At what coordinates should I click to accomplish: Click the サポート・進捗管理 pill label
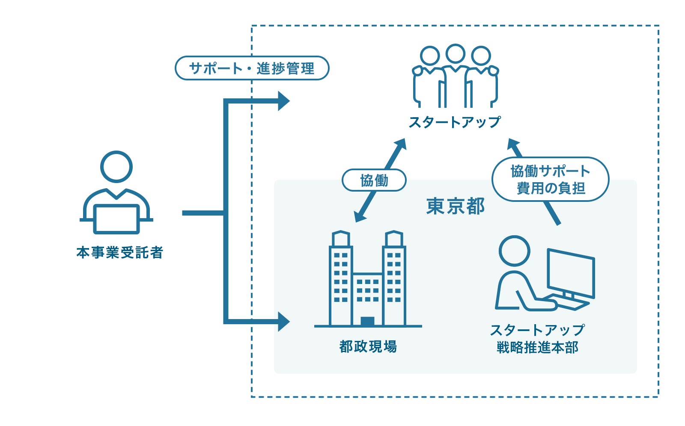pyautogui.click(x=252, y=68)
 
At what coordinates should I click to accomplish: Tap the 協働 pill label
pyautogui.click(x=374, y=180)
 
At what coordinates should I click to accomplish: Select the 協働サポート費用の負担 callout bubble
pyautogui.click(x=550, y=180)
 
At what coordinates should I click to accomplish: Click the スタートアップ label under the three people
pyautogui.click(x=455, y=122)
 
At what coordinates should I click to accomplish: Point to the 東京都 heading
pyautogui.click(x=456, y=206)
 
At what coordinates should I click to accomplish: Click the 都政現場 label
pyautogui.click(x=368, y=346)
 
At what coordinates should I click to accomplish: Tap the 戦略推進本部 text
pyautogui.click(x=537, y=347)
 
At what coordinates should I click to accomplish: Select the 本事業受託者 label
pyautogui.click(x=119, y=252)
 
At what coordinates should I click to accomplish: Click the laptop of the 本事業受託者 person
pyautogui.click(x=116, y=219)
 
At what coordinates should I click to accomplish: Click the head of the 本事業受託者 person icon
pyautogui.click(x=116, y=167)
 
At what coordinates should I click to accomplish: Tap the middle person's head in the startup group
pyautogui.click(x=455, y=54)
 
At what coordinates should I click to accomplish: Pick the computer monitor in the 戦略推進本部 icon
pyautogui.click(x=571, y=272)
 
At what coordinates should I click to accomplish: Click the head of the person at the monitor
pyautogui.click(x=515, y=251)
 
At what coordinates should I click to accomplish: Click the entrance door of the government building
pyautogui.click(x=367, y=321)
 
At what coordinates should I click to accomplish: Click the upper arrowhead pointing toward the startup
pyautogui.click(x=283, y=101)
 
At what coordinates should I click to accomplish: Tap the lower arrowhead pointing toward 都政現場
pyautogui.click(x=283, y=322)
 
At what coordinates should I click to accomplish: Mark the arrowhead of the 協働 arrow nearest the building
pyautogui.click(x=360, y=216)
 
